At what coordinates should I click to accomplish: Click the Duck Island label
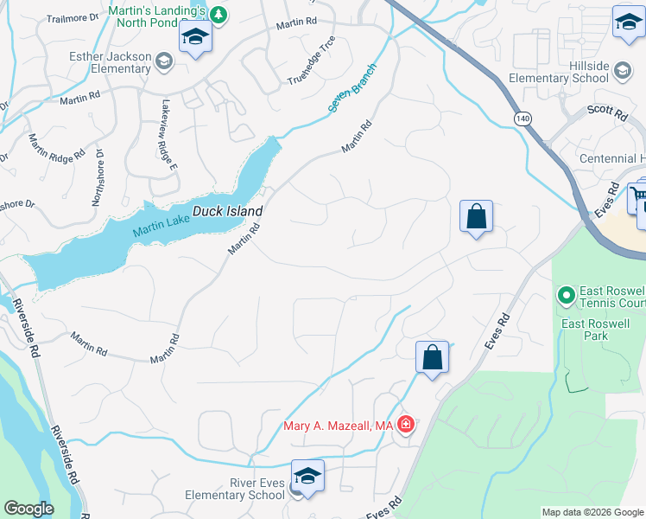227,211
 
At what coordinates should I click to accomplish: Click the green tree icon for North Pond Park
218,14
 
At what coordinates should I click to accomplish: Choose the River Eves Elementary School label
234,489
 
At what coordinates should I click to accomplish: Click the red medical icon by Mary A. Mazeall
405,425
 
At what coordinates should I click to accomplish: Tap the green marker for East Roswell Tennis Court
567,296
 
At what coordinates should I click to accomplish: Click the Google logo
28,509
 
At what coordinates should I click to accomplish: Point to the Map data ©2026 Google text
592,512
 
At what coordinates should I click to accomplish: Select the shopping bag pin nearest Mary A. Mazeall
432,356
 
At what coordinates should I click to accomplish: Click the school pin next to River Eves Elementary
307,476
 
